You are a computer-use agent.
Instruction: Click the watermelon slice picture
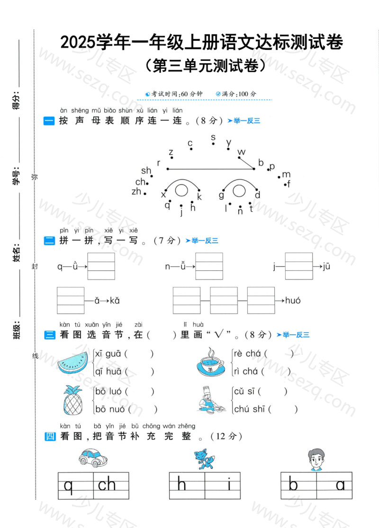pos(73,363)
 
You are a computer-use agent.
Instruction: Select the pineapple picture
pos(73,400)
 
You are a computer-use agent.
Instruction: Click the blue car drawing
pos(93,457)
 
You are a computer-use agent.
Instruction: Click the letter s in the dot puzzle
pos(213,137)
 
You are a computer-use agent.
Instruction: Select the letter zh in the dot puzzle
pos(136,192)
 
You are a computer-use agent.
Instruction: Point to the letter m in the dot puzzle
pos(286,175)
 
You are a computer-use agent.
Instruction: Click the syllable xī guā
pos(108,353)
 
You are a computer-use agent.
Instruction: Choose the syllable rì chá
pos(245,371)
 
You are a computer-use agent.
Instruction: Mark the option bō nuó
pos(110,409)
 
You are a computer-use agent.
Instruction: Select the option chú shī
pos(249,409)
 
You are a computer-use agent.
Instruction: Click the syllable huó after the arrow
pos(293,300)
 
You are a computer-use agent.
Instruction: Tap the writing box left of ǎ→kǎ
pos(70,300)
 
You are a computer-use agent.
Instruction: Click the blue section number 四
pos(50,436)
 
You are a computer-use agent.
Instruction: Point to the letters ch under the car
pos(107,484)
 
